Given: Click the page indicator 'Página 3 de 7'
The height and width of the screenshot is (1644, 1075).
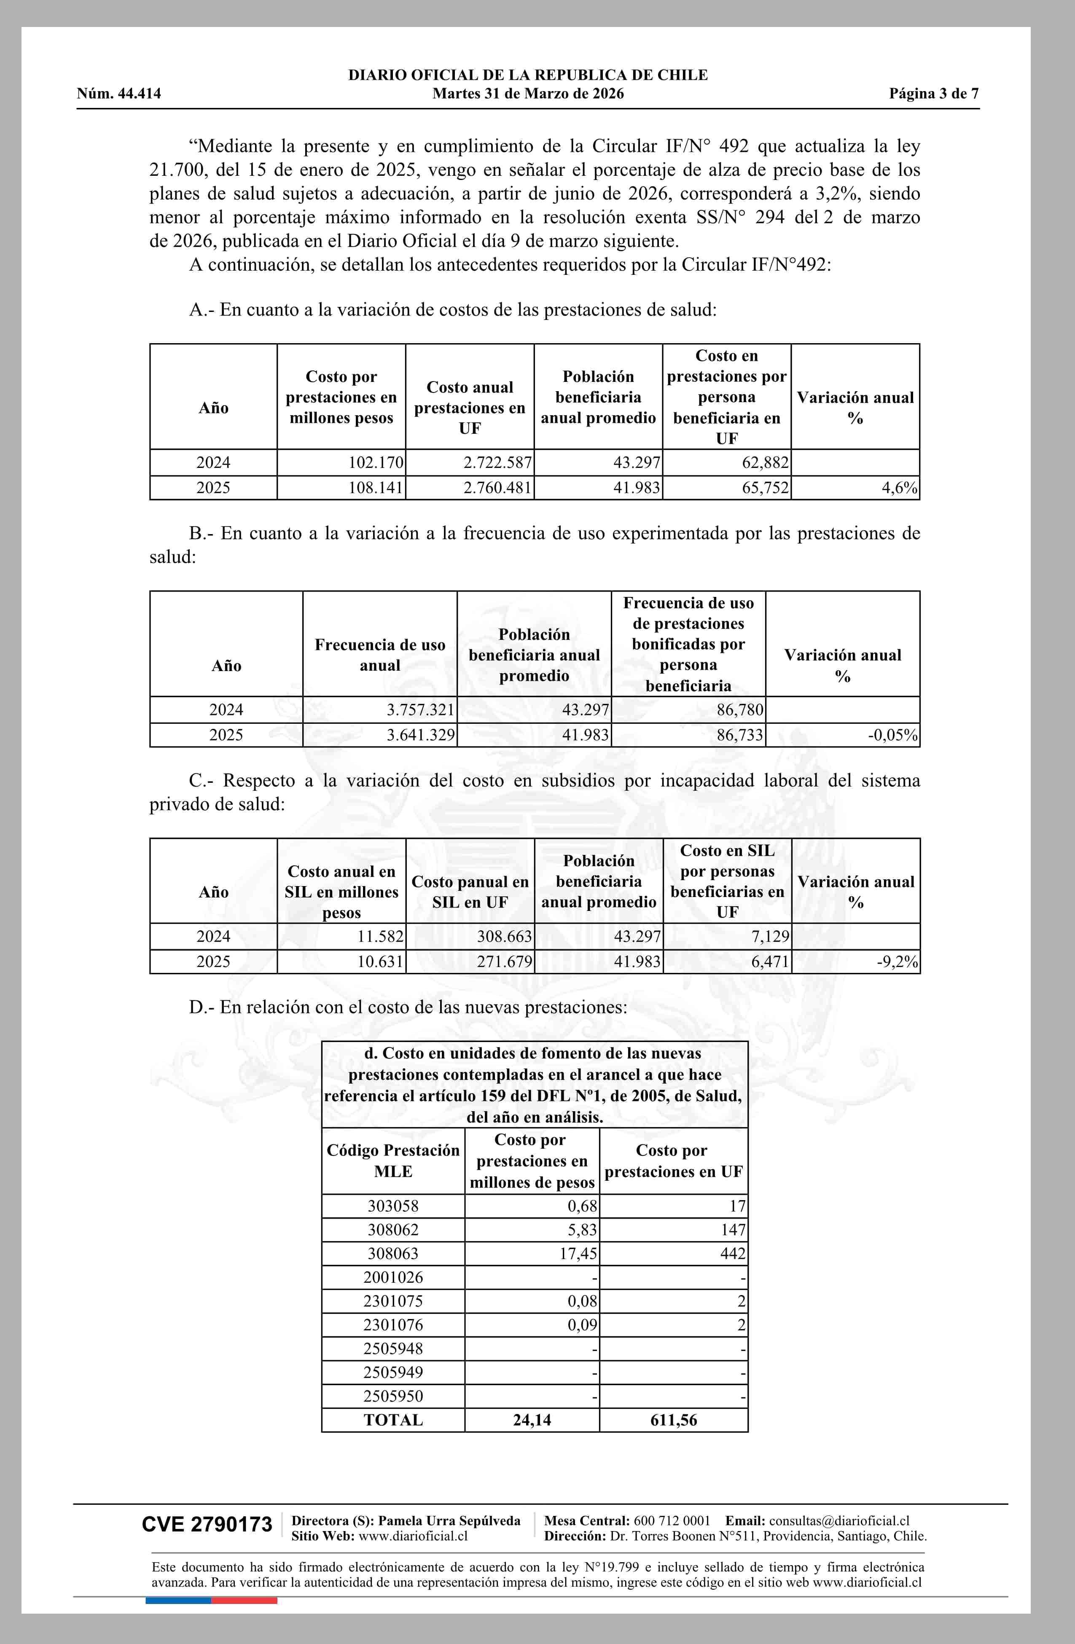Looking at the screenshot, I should tap(933, 94).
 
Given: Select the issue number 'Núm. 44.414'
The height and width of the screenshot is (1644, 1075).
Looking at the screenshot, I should tap(119, 94).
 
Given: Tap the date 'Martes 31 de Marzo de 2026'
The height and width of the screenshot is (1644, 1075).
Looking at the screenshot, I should tap(528, 94).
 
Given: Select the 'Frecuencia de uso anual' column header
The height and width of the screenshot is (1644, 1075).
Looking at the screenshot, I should tap(379, 655).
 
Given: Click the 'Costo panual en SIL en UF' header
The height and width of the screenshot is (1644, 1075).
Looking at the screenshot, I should tap(470, 892).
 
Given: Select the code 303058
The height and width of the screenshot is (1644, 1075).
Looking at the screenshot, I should tap(393, 1206).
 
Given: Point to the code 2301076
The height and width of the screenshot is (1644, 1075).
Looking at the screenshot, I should tap(393, 1325).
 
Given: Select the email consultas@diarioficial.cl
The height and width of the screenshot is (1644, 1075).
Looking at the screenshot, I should tap(839, 1520).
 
